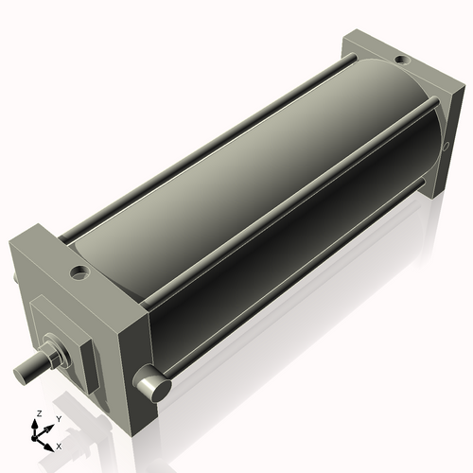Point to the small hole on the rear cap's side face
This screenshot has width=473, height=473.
point(446,147)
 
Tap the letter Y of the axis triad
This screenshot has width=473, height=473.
point(59,418)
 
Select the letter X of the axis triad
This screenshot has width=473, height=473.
point(60,445)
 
